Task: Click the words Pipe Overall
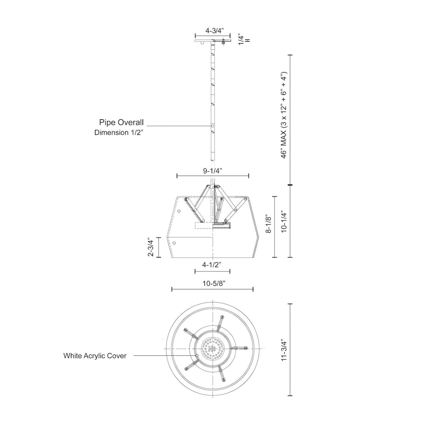click(121, 122)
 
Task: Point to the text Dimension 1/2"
click(118, 133)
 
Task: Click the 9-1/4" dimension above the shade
click(213, 171)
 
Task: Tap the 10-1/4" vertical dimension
click(284, 222)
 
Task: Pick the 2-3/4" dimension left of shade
click(150, 247)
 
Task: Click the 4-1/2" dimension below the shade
click(212, 265)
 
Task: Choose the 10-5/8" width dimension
click(212, 283)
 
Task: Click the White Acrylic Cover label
click(95, 356)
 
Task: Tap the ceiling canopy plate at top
click(213, 40)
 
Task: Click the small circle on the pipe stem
click(213, 126)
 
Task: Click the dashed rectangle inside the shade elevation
click(204, 225)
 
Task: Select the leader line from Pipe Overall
click(177, 126)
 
